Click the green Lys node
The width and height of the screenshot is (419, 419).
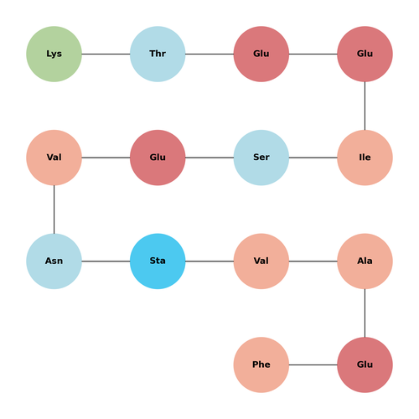54,54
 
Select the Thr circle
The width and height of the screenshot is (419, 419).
158,54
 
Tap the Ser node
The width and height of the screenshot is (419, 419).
261,158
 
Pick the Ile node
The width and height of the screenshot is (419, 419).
365,158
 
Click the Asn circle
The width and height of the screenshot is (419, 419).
54,261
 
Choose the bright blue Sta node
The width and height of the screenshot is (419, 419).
158,261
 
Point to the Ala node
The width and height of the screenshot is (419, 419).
365,261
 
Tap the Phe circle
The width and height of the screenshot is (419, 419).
261,365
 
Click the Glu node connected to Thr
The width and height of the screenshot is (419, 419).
261,54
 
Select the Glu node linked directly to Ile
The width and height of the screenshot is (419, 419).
365,54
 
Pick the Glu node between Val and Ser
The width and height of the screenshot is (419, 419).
158,158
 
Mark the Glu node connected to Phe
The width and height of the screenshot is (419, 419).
365,365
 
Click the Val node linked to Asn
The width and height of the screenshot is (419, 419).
54,158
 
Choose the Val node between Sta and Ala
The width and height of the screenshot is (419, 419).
261,261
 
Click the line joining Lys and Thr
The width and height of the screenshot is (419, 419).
106,54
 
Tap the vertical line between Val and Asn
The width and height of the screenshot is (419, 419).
54,209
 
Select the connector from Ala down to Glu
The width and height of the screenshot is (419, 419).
365,313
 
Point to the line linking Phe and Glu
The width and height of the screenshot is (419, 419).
313,365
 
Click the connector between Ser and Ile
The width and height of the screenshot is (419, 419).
313,158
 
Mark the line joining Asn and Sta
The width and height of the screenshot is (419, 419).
106,261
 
